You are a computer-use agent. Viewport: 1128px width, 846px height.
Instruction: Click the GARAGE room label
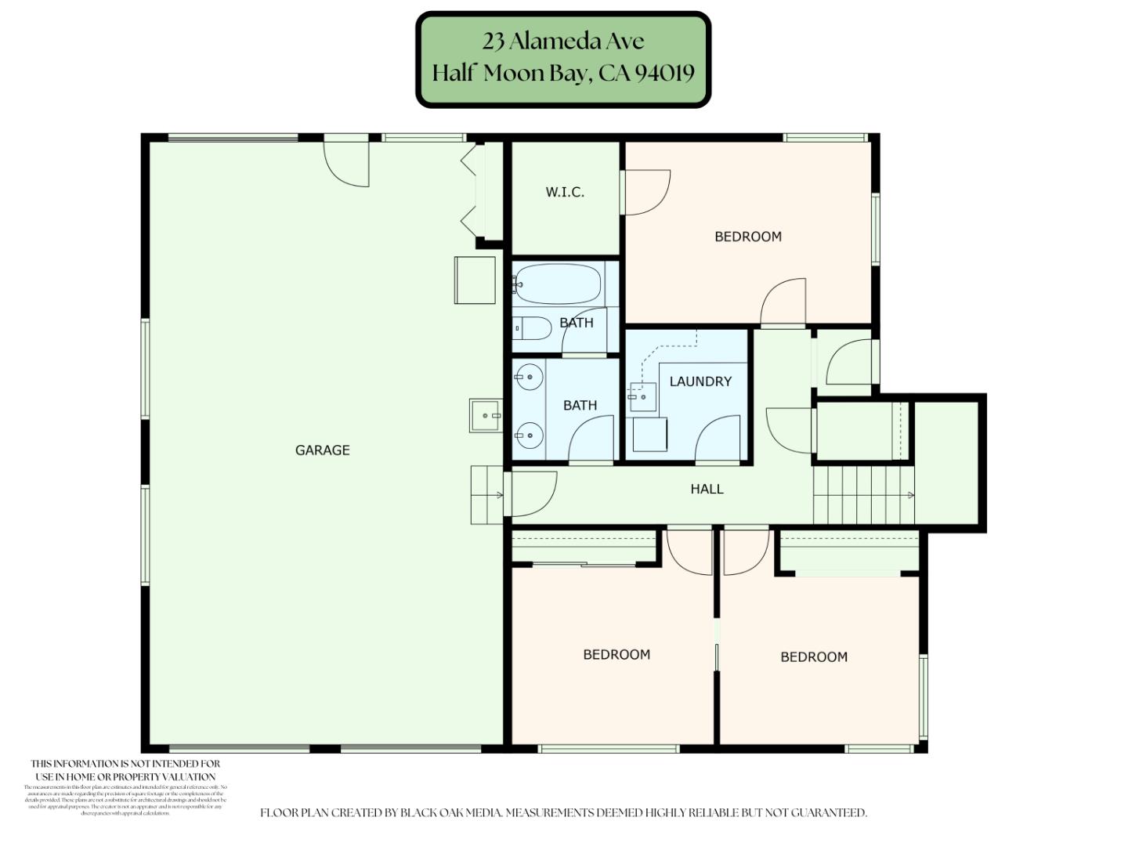(322, 450)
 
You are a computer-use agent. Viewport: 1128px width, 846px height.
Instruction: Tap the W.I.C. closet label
(565, 192)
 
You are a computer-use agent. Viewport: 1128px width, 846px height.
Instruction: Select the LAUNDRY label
(700, 381)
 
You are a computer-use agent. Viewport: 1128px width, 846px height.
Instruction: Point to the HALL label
(707, 489)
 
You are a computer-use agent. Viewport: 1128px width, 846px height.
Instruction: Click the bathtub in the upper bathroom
(558, 284)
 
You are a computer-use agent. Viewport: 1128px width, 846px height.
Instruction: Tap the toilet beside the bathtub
(532, 327)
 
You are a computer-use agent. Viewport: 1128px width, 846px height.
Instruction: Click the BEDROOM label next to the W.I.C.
(747, 237)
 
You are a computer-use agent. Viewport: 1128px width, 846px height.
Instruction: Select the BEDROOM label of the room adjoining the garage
(616, 655)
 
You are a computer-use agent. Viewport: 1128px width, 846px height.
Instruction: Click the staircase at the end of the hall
(862, 494)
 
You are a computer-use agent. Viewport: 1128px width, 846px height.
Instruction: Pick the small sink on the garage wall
(485, 415)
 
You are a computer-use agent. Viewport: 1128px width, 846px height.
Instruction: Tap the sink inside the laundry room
(642, 397)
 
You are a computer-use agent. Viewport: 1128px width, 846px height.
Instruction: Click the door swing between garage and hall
(533, 493)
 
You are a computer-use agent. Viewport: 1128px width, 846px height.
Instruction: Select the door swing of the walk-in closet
(646, 193)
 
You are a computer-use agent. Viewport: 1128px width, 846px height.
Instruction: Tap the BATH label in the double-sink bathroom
(580, 405)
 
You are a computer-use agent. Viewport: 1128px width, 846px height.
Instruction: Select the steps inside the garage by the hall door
(486, 494)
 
